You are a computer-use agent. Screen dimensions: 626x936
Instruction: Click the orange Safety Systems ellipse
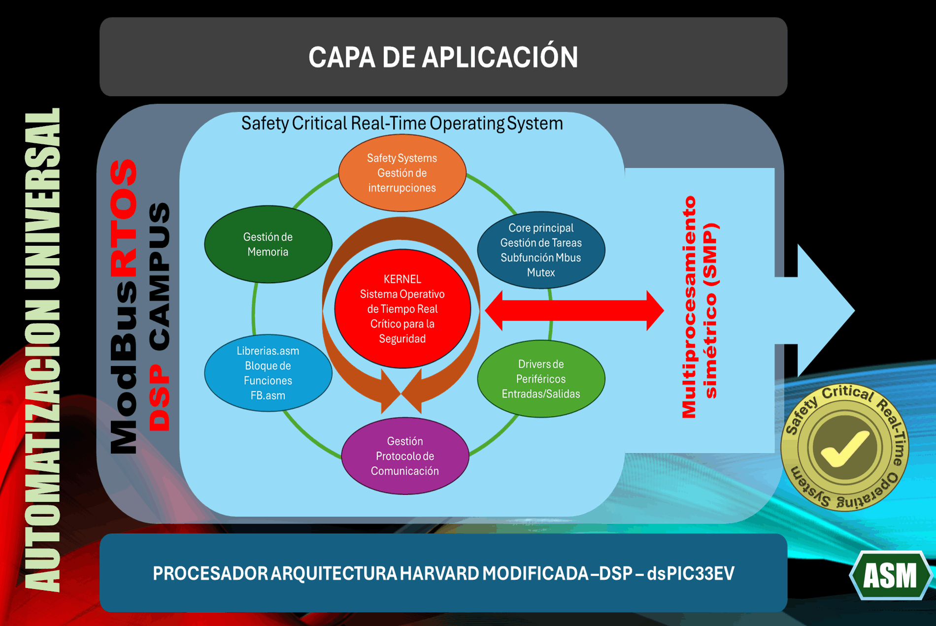(402, 173)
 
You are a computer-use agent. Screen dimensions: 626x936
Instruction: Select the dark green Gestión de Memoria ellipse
(268, 244)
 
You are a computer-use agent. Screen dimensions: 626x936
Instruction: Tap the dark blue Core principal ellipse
(541, 250)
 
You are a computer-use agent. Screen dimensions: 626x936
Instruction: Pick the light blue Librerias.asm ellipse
(268, 373)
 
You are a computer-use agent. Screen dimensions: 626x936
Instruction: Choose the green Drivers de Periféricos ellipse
(541, 379)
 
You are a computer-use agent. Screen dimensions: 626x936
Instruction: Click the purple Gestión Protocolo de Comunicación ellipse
(404, 456)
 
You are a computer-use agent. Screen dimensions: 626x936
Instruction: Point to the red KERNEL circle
(402, 309)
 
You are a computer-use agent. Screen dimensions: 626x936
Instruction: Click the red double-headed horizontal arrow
(574, 310)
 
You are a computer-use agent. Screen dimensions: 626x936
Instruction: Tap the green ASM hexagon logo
(890, 575)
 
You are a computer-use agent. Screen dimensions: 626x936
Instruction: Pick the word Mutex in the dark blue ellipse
(541, 272)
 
